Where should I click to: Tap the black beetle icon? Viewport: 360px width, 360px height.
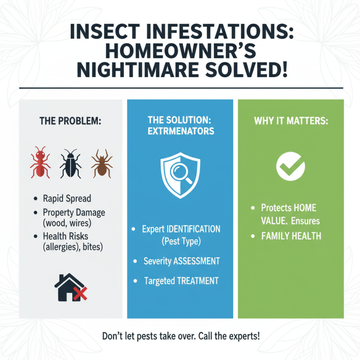(71, 162)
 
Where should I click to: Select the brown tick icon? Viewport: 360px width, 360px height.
(101, 162)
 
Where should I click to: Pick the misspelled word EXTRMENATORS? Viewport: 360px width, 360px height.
(180, 132)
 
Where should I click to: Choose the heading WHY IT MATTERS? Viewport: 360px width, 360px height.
(291, 121)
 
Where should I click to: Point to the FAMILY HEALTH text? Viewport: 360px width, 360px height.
(291, 236)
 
